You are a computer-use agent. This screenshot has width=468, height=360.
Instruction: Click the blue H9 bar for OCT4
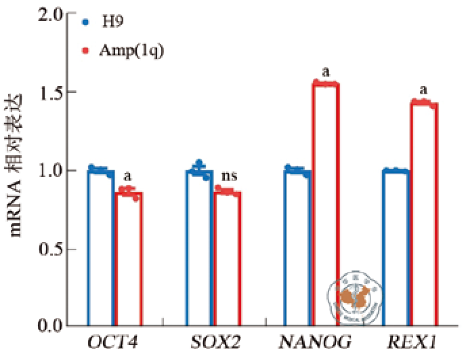tap(101, 247)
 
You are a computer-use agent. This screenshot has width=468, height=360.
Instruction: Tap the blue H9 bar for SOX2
tap(200, 247)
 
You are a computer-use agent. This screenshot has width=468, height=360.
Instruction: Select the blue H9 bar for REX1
tap(396, 247)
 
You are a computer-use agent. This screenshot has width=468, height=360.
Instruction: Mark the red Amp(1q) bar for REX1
tap(424, 214)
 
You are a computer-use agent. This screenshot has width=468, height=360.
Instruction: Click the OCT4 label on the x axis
tap(113, 342)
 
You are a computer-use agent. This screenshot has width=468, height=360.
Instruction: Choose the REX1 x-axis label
tap(410, 342)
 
